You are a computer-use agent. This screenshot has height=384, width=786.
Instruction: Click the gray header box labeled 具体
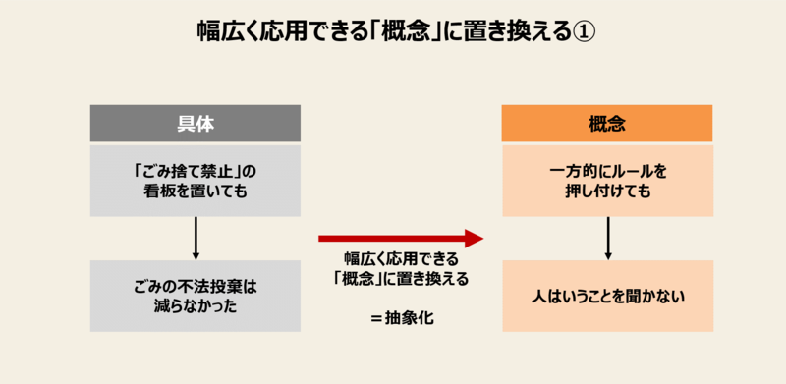click(196, 124)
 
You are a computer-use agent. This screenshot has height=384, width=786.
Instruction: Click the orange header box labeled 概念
click(607, 124)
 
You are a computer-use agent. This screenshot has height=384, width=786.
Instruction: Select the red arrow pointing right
click(398, 238)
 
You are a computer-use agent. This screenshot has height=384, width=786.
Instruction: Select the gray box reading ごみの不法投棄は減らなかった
click(196, 296)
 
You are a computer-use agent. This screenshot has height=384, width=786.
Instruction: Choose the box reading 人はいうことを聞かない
click(607, 296)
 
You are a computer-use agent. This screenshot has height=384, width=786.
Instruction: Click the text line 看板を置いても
click(196, 192)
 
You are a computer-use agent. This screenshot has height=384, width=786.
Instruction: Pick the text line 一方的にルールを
click(607, 172)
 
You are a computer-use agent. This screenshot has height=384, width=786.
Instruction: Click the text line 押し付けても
click(607, 192)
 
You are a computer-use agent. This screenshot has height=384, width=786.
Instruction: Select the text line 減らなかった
click(196, 306)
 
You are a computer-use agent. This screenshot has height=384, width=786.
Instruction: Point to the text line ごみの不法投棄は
click(196, 286)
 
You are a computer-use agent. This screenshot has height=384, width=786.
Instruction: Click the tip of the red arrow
click(481, 238)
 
